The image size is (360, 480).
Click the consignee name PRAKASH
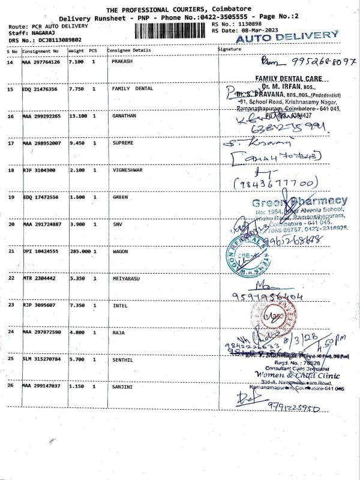(x=122, y=62)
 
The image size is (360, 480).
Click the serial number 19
(x=11, y=197)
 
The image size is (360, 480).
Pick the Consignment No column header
(x=40, y=50)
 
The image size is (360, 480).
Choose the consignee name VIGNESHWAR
(x=127, y=170)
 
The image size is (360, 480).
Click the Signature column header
(x=229, y=48)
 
